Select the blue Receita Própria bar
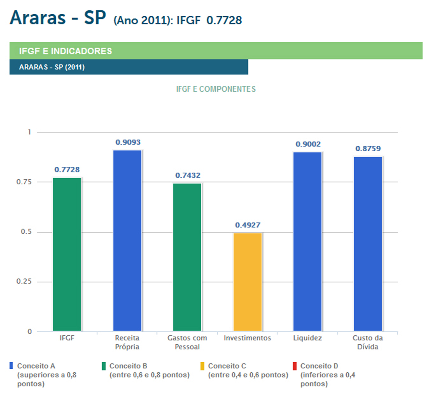(x=127, y=241)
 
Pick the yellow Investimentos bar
(x=248, y=282)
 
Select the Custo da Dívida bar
(x=368, y=244)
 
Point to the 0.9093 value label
(x=128, y=142)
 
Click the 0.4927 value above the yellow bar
(x=248, y=225)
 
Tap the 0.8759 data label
(x=368, y=149)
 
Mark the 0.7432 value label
(x=188, y=175)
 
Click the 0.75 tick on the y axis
(x=24, y=182)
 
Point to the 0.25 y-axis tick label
(x=24, y=281)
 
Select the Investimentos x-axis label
(x=247, y=338)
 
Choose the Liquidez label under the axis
(x=307, y=338)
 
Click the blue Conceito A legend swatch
(x=11, y=366)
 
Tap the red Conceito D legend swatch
(x=295, y=366)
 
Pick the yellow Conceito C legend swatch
(x=202, y=366)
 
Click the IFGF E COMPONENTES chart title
(x=216, y=89)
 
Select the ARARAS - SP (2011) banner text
(x=52, y=67)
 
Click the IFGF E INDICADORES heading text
(x=65, y=51)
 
